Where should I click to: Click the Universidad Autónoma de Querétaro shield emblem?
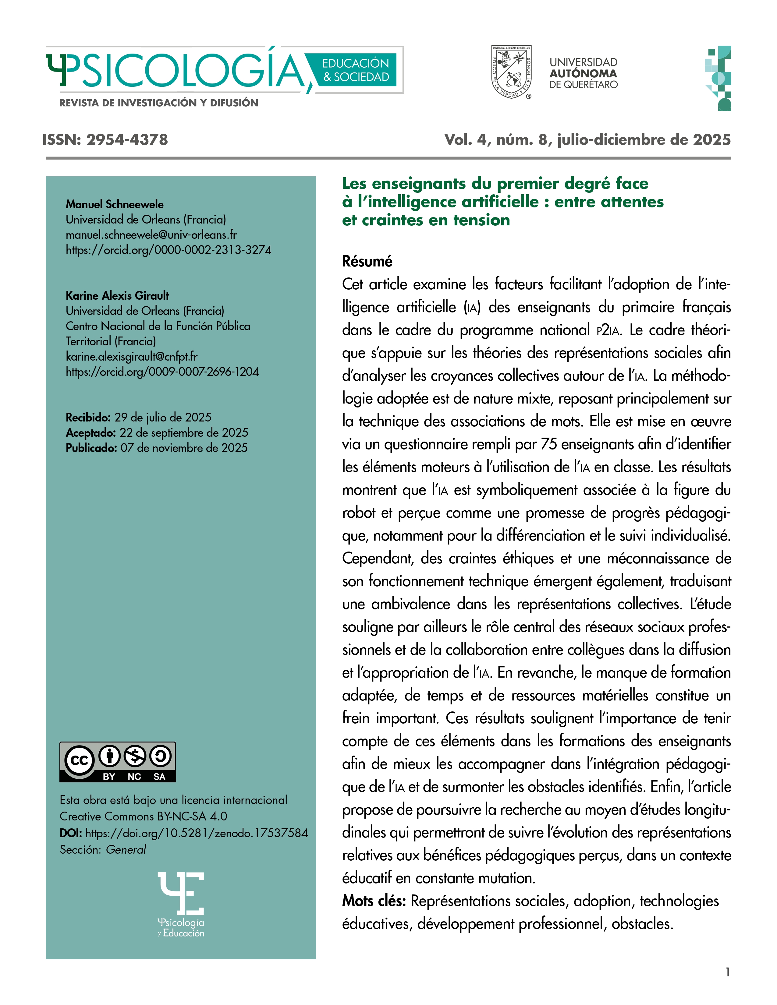point(511,72)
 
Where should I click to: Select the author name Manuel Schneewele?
point(114,204)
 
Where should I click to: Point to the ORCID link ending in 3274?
point(169,250)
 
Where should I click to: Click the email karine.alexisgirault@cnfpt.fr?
point(132,357)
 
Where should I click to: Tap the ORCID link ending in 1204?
point(162,372)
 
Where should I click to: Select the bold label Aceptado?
point(91,432)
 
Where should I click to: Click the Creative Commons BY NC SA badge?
point(118,762)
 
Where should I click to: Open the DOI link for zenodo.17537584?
point(197,833)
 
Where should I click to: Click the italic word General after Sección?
point(126,849)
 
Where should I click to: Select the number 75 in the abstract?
point(549,444)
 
